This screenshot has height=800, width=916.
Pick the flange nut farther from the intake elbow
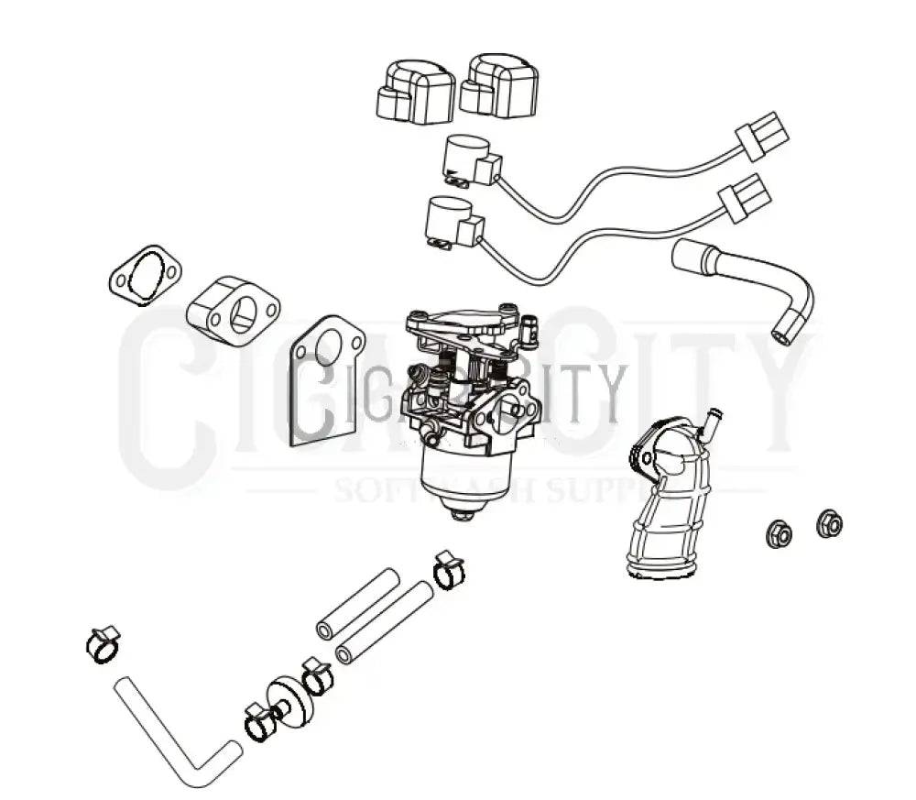coord(829,524)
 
